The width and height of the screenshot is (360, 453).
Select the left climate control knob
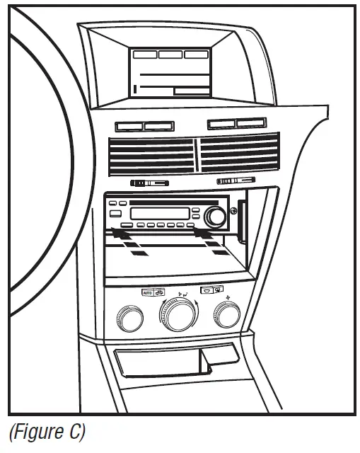pyautogui.click(x=131, y=320)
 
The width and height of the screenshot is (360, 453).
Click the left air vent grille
pyautogui.click(x=150, y=156)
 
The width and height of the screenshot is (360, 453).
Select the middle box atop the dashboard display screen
pyautogui.click(x=170, y=54)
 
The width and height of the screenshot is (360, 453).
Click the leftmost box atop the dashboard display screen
pyautogui.click(x=145, y=54)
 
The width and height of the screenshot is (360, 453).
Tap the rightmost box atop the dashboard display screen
pyautogui.click(x=196, y=54)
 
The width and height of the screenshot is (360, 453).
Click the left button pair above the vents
pyautogui.click(x=144, y=127)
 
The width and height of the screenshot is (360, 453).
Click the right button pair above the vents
pyautogui.click(x=237, y=124)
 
